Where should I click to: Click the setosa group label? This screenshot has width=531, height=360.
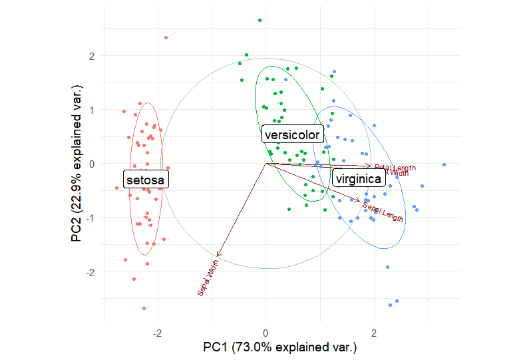click(x=146, y=179)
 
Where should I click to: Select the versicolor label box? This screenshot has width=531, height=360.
click(x=292, y=135)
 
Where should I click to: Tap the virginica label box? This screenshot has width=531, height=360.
click(x=358, y=179)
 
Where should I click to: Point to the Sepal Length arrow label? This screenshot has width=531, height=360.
click(x=383, y=212)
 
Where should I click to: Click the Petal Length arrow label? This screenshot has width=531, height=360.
click(x=395, y=168)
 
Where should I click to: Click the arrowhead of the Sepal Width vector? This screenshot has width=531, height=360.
click(x=218, y=255)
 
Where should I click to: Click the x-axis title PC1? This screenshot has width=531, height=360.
click(x=280, y=347)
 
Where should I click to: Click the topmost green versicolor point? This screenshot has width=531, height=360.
click(x=260, y=20)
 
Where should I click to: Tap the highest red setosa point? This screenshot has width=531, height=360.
click(x=166, y=37)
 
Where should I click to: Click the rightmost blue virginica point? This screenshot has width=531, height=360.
click(x=444, y=164)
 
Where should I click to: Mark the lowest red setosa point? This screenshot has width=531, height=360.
click(x=144, y=309)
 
